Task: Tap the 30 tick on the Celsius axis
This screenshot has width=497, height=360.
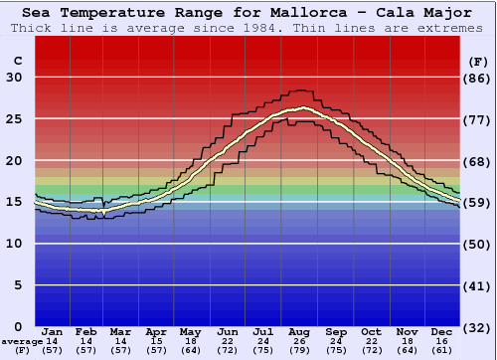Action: point(14,78)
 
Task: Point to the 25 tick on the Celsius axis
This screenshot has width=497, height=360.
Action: point(14,119)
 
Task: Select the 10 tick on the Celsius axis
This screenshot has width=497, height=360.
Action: point(14,244)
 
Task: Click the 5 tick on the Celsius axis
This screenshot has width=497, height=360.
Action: point(18,285)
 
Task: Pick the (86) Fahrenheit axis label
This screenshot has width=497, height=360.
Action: point(478,78)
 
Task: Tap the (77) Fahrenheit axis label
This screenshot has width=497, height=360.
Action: point(478,119)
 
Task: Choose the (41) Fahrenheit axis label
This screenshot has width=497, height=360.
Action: point(478,285)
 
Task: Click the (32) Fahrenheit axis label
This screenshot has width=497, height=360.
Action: point(478,327)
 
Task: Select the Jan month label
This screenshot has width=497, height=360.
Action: point(53,331)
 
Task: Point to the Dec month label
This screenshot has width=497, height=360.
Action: point(442,331)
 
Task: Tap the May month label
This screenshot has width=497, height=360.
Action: point(190,331)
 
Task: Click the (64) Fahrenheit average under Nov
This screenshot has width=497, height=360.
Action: point(408,350)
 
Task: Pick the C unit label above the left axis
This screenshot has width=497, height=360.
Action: point(17,61)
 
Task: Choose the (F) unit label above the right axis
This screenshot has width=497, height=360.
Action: point(476,61)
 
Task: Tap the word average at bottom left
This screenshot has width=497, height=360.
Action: point(22,341)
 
